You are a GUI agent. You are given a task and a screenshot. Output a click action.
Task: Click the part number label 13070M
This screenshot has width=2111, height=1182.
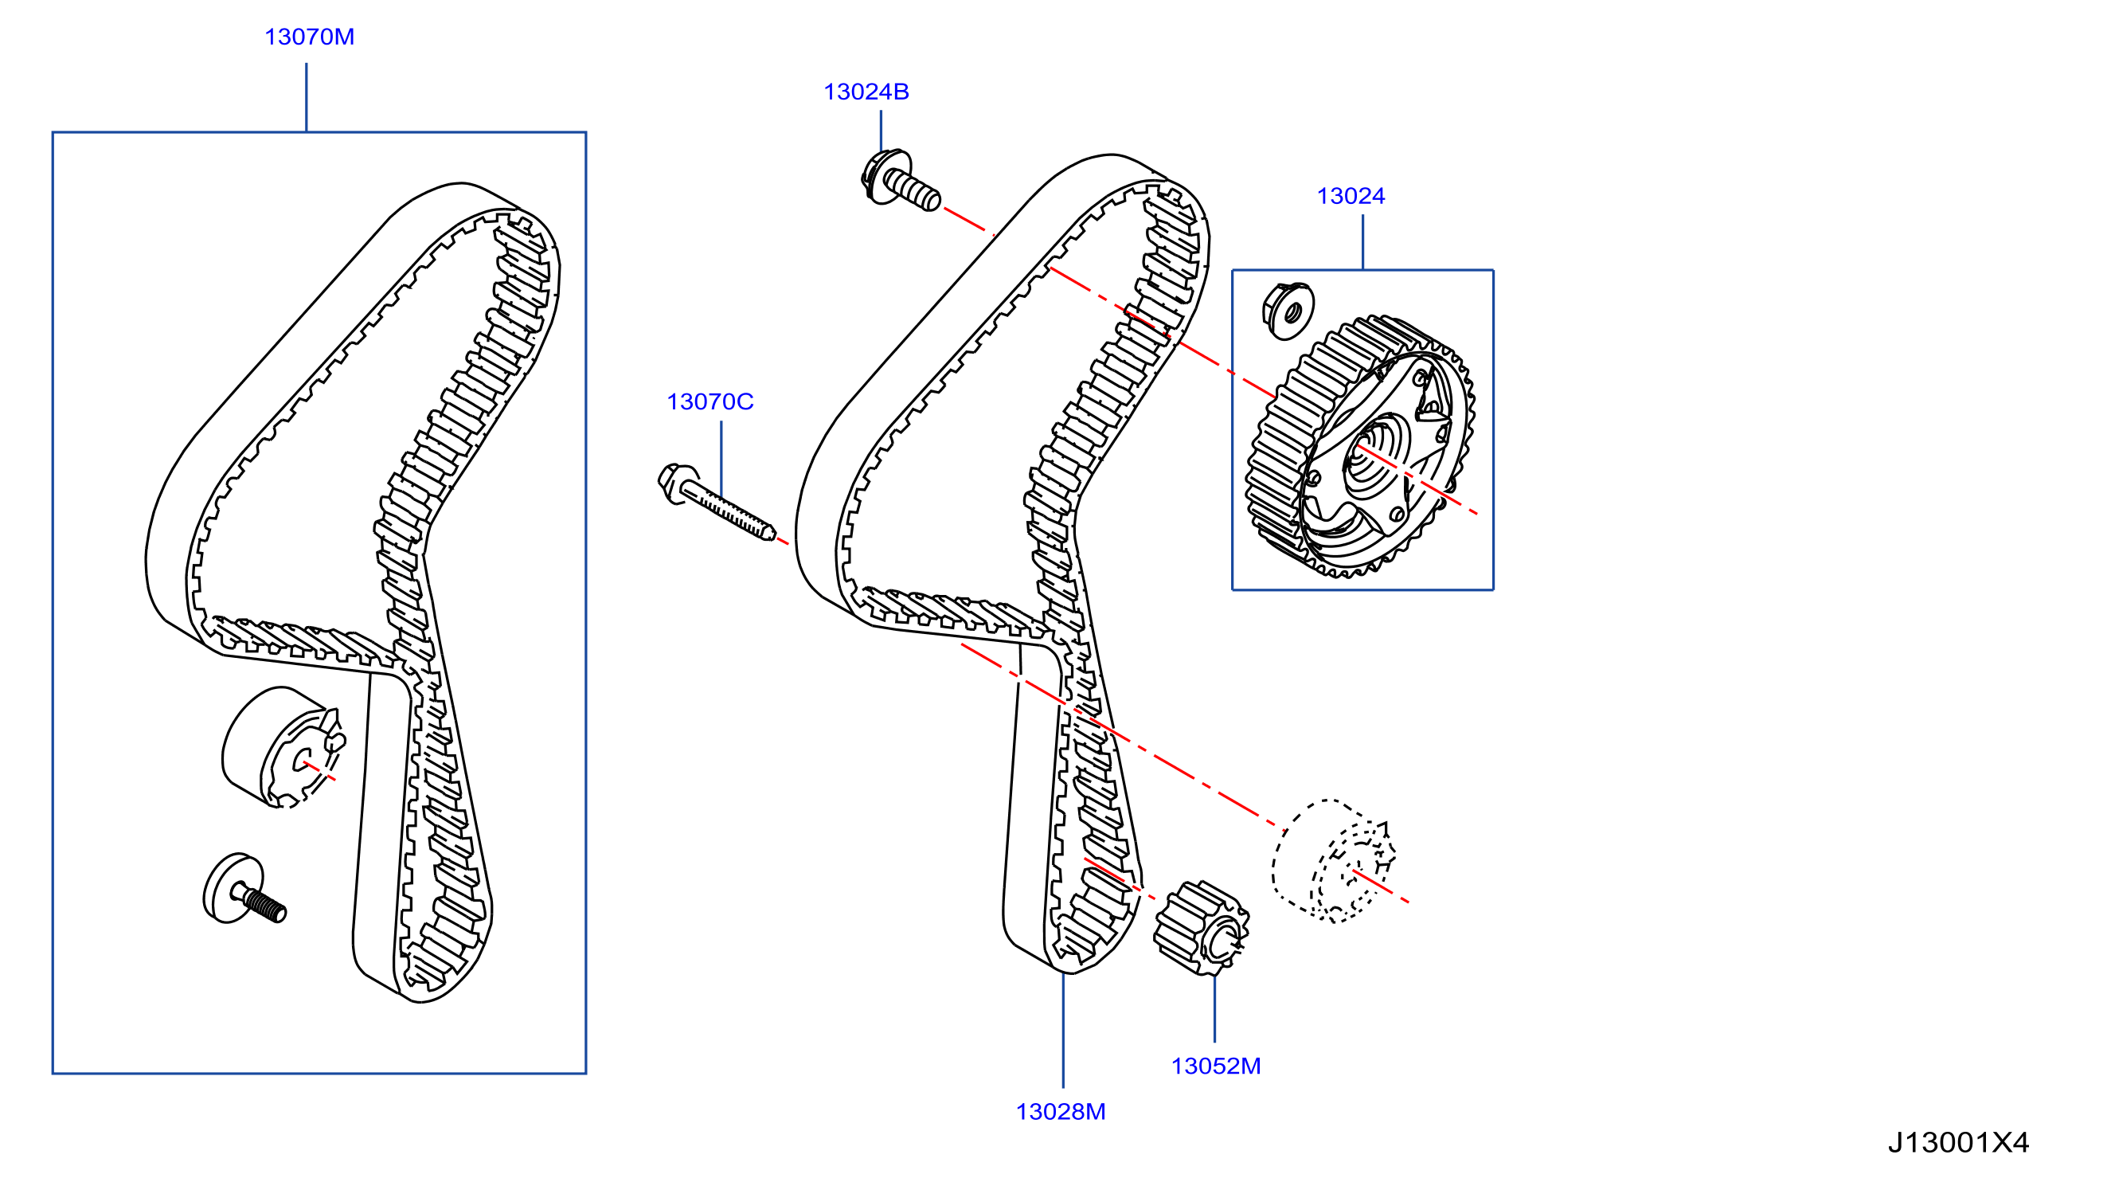click(x=309, y=37)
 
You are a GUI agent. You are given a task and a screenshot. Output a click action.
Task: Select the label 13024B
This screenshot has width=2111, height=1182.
click(x=866, y=92)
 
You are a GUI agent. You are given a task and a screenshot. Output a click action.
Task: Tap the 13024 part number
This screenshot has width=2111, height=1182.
click(x=1351, y=196)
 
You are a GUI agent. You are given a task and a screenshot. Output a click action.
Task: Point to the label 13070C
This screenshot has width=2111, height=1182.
click(x=710, y=401)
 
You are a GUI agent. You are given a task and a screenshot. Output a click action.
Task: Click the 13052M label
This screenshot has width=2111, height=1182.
click(x=1215, y=1066)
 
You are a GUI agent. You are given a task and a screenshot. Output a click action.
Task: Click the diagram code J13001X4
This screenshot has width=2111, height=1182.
click(x=1958, y=1142)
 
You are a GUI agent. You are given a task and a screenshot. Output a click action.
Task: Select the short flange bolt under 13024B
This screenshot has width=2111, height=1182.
click(x=900, y=180)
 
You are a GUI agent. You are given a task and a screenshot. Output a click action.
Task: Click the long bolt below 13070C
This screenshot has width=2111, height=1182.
click(x=715, y=501)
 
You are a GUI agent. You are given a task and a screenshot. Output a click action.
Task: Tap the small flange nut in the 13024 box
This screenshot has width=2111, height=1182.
click(x=1288, y=311)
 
